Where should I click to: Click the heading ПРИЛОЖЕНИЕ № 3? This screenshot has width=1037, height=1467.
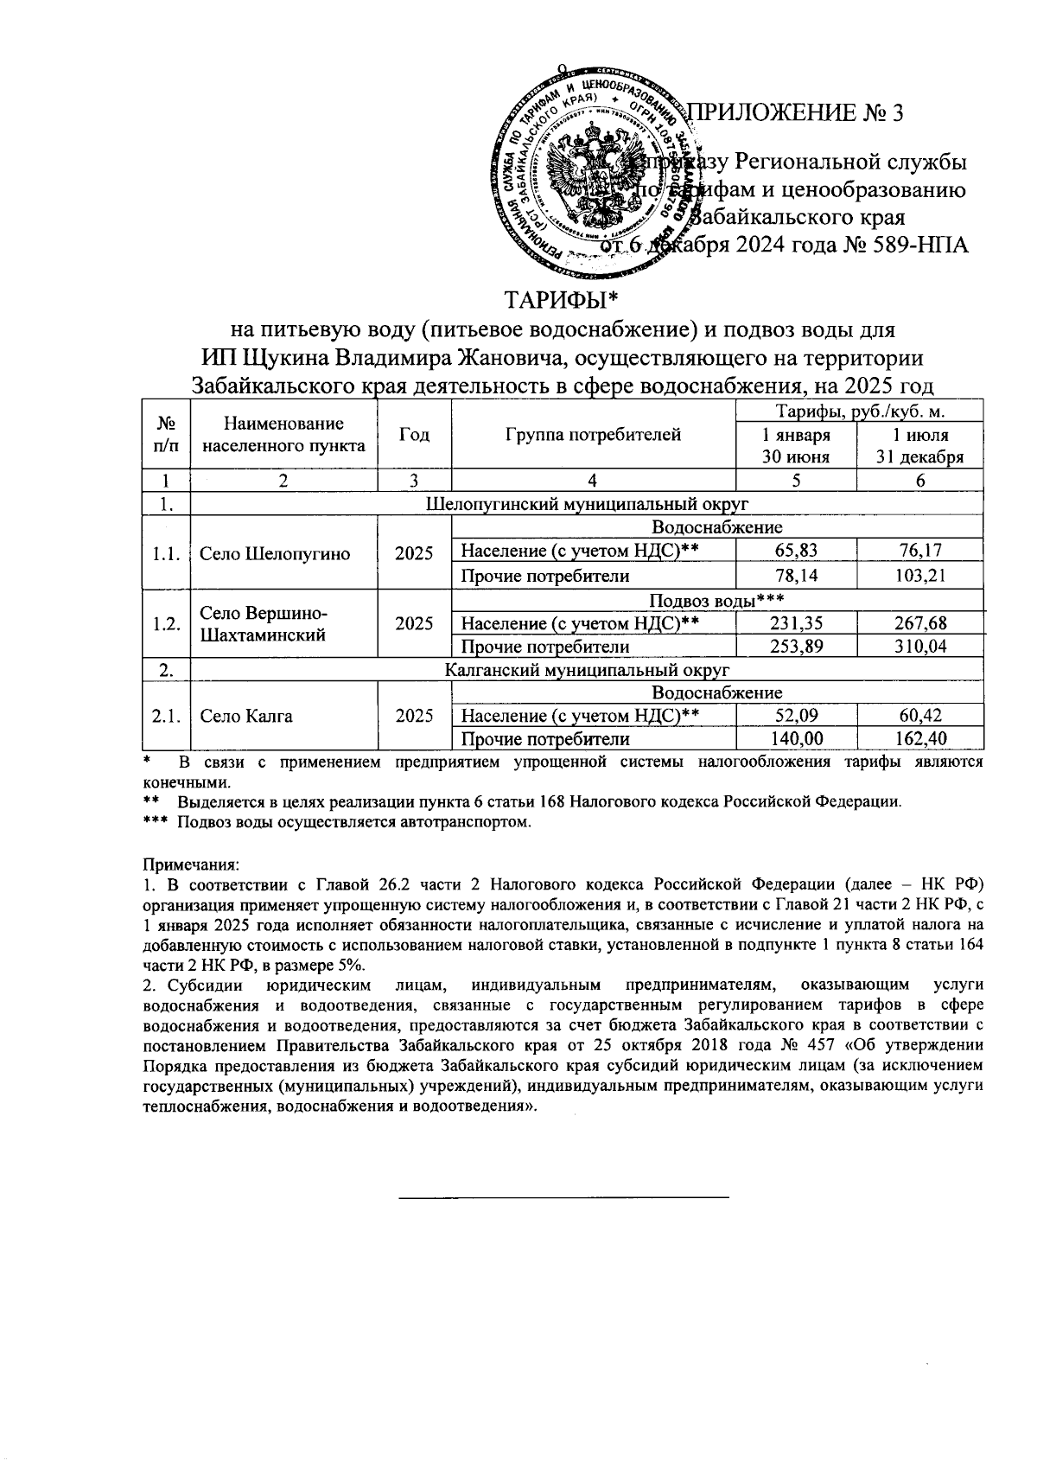tap(795, 113)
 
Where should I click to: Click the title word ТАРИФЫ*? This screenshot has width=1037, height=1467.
tap(563, 301)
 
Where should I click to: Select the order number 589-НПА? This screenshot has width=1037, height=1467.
tap(919, 245)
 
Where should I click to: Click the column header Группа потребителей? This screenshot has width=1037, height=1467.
tap(593, 435)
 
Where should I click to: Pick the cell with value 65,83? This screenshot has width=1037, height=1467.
tap(796, 551)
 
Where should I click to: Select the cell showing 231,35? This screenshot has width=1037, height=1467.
tap(796, 622)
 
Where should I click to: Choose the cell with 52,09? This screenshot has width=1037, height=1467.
tap(796, 716)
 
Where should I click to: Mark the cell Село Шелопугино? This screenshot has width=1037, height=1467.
tap(275, 554)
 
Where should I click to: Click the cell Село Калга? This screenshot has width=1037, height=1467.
tap(246, 716)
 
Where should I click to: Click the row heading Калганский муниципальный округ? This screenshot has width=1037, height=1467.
tap(587, 669)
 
